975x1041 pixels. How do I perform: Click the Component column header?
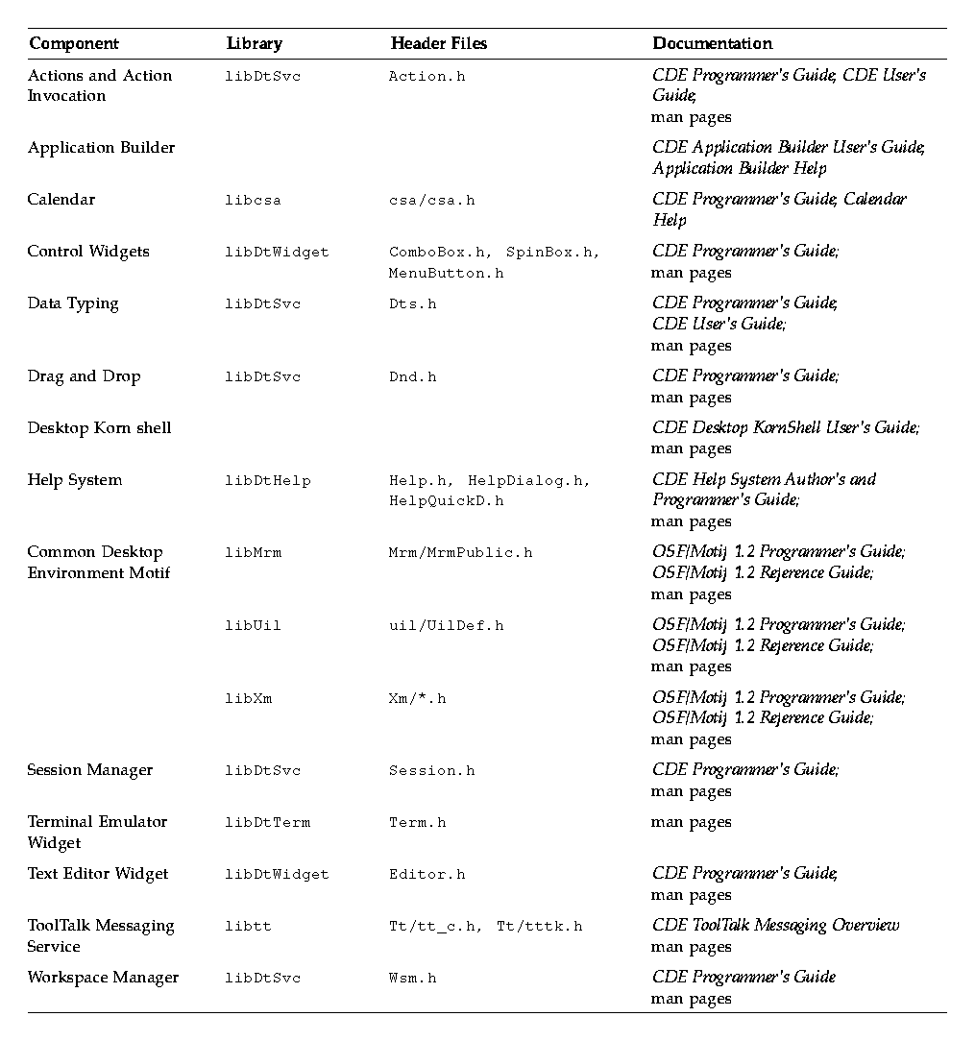coord(74,43)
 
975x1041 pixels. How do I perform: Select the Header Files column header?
coord(438,43)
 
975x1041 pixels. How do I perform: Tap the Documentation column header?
coord(712,43)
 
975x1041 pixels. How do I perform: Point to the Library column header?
coord(255,43)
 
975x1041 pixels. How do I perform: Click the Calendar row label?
coord(61,200)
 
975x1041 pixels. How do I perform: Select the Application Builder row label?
coord(101,148)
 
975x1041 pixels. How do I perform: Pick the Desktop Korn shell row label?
coord(99,428)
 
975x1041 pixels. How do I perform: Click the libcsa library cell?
coord(253,201)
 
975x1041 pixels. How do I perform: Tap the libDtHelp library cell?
coord(268,480)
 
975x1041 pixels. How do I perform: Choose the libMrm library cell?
coord(253,553)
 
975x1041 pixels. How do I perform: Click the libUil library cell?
coord(253,626)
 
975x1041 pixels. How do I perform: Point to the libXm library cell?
coord(249,698)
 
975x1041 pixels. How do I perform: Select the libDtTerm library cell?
coord(268,823)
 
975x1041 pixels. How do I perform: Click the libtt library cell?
coord(248,927)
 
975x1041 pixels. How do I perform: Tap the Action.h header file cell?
coord(427,77)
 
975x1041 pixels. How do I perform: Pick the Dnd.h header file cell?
coord(412,377)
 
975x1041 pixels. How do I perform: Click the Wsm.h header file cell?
coord(412,979)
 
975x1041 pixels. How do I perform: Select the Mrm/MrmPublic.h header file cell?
coord(460,553)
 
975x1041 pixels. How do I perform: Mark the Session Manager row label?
coord(89,770)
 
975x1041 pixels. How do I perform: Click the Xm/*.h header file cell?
coord(417,698)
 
